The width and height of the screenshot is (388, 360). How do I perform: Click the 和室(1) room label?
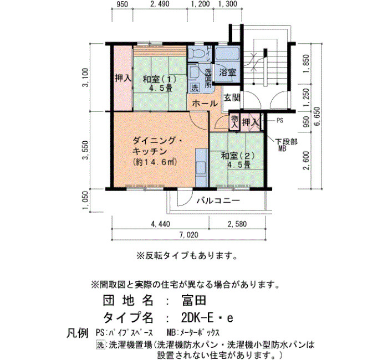160,80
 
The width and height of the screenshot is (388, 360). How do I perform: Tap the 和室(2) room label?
238,156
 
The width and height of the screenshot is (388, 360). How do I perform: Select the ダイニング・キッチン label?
157,146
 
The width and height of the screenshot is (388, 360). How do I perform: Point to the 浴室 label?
228,73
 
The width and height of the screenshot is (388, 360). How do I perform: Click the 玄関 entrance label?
232,98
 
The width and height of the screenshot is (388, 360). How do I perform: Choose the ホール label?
205,104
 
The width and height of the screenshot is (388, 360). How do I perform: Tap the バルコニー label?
218,200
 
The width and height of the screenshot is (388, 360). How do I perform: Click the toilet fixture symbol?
196,53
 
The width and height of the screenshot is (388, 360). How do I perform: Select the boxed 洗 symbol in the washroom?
195,88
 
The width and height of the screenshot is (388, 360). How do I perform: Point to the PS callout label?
279,121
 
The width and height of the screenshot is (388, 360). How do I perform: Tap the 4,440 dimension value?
160,224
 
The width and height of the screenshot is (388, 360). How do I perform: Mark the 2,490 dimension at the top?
160,4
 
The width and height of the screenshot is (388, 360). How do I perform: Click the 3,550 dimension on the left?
85,150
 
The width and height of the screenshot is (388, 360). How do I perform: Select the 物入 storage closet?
234,122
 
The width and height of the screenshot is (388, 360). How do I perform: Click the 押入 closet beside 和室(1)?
122,78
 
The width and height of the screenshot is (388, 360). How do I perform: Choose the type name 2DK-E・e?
207,318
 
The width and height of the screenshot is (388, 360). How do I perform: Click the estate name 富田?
194,301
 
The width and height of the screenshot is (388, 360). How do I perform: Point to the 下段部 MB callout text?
287,145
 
